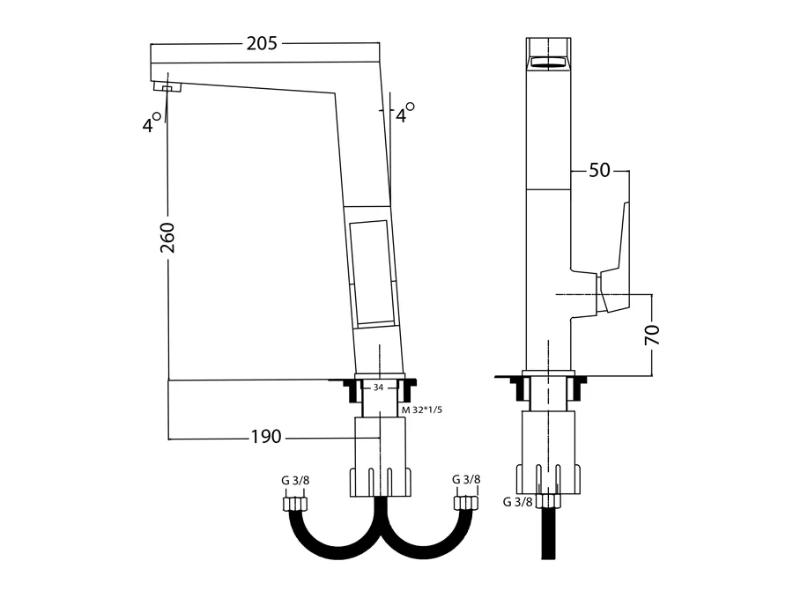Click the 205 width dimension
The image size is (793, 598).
pyautogui.click(x=262, y=43)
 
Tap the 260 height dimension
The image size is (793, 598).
pyautogui.click(x=167, y=238)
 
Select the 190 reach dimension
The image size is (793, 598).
pyautogui.click(x=266, y=436)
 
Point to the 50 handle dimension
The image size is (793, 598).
pyautogui.click(x=599, y=170)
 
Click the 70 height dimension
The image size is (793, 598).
pyautogui.click(x=652, y=335)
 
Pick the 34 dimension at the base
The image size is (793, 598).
pyautogui.click(x=378, y=388)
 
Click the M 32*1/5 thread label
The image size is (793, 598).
pyautogui.click(x=422, y=410)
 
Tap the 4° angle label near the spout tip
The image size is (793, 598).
pyautogui.click(x=152, y=122)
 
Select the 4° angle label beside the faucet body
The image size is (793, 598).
pyautogui.click(x=405, y=113)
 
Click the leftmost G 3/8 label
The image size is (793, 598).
pyautogui.click(x=295, y=480)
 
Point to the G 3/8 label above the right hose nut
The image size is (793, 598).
pyautogui.click(x=466, y=479)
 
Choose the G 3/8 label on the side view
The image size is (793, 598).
pyautogui.click(x=518, y=502)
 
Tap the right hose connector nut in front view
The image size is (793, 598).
pyautogui.click(x=466, y=503)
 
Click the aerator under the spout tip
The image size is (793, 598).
pyautogui.click(x=167, y=87)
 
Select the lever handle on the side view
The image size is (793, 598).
pyautogui.click(x=613, y=257)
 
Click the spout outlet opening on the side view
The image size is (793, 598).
pyautogui.click(x=548, y=63)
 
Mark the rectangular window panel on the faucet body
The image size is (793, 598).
pyautogui.click(x=372, y=272)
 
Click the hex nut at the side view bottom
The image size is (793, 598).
pyautogui.click(x=549, y=501)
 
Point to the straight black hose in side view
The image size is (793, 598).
pyautogui.click(x=549, y=534)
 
